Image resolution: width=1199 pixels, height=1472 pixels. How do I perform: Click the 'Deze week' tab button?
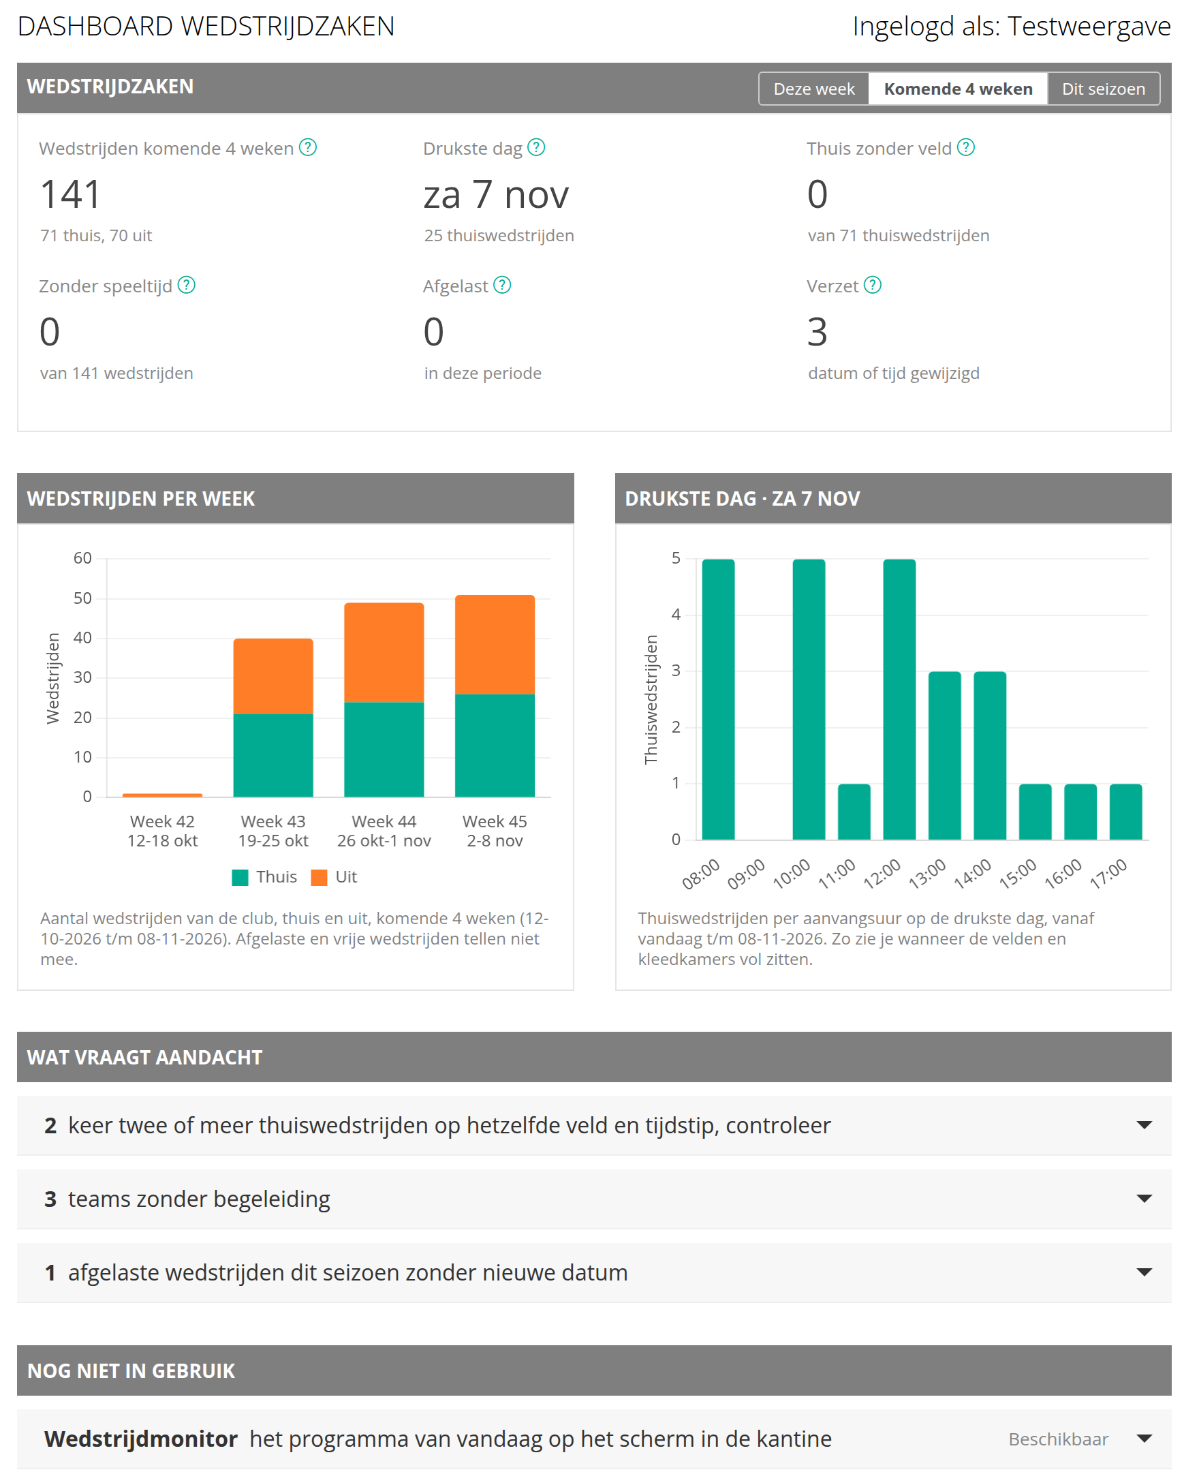813,89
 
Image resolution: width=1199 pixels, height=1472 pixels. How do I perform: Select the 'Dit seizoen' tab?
1103,89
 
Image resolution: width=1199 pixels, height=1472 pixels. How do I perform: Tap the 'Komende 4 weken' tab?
958,89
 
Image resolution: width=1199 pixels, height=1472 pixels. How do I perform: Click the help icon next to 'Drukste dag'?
536,148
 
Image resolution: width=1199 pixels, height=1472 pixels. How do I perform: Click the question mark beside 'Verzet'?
872,286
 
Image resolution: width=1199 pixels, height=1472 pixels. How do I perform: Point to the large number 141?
70,194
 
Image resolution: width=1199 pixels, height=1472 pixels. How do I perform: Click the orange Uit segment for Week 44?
384,653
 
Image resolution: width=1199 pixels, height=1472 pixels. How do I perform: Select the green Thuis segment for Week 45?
495,746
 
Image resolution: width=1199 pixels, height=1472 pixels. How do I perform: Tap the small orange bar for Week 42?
162,795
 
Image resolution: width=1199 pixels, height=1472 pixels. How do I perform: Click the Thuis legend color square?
240,877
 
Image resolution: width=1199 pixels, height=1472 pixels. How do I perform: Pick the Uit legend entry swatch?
319,877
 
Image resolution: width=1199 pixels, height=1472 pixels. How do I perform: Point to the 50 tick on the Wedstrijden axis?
82,598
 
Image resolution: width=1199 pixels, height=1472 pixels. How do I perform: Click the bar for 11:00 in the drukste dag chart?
854,812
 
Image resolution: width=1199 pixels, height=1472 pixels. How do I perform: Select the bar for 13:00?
945,756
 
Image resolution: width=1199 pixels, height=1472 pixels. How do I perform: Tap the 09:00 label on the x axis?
746,874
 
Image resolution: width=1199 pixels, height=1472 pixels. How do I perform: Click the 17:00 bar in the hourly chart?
1126,812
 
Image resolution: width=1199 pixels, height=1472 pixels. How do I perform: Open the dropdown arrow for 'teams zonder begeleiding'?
1144,1199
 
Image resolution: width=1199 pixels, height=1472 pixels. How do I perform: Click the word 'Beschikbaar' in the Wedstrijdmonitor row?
1058,1439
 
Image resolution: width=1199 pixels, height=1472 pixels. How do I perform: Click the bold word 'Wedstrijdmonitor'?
141,1439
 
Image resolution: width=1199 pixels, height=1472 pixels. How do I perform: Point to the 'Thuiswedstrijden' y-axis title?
651,699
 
